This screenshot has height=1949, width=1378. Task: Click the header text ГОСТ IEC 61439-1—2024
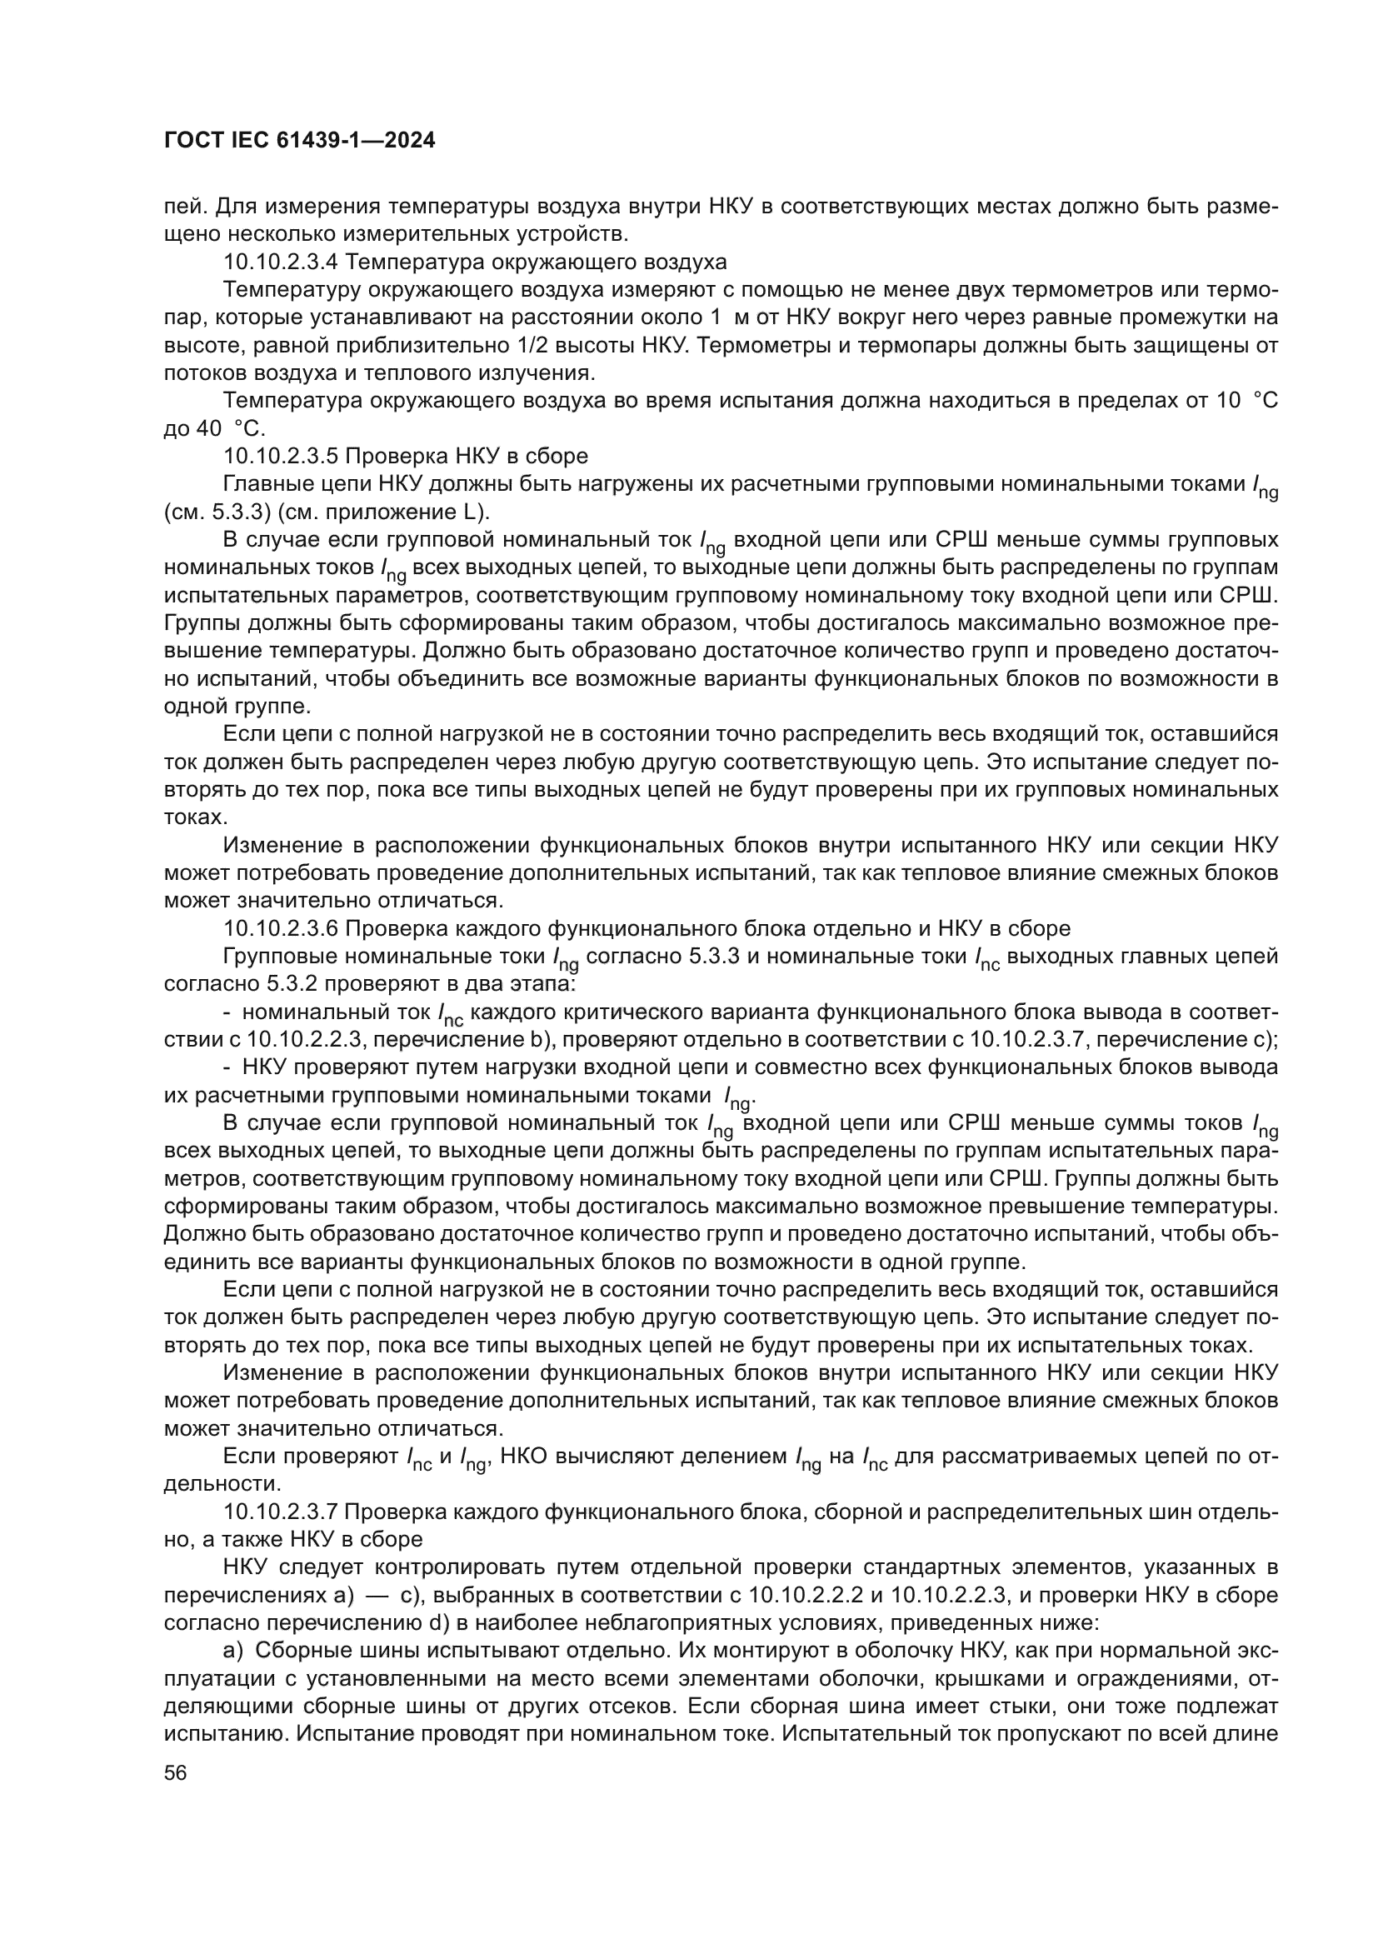click(x=300, y=141)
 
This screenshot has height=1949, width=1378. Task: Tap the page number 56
click(x=176, y=1772)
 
